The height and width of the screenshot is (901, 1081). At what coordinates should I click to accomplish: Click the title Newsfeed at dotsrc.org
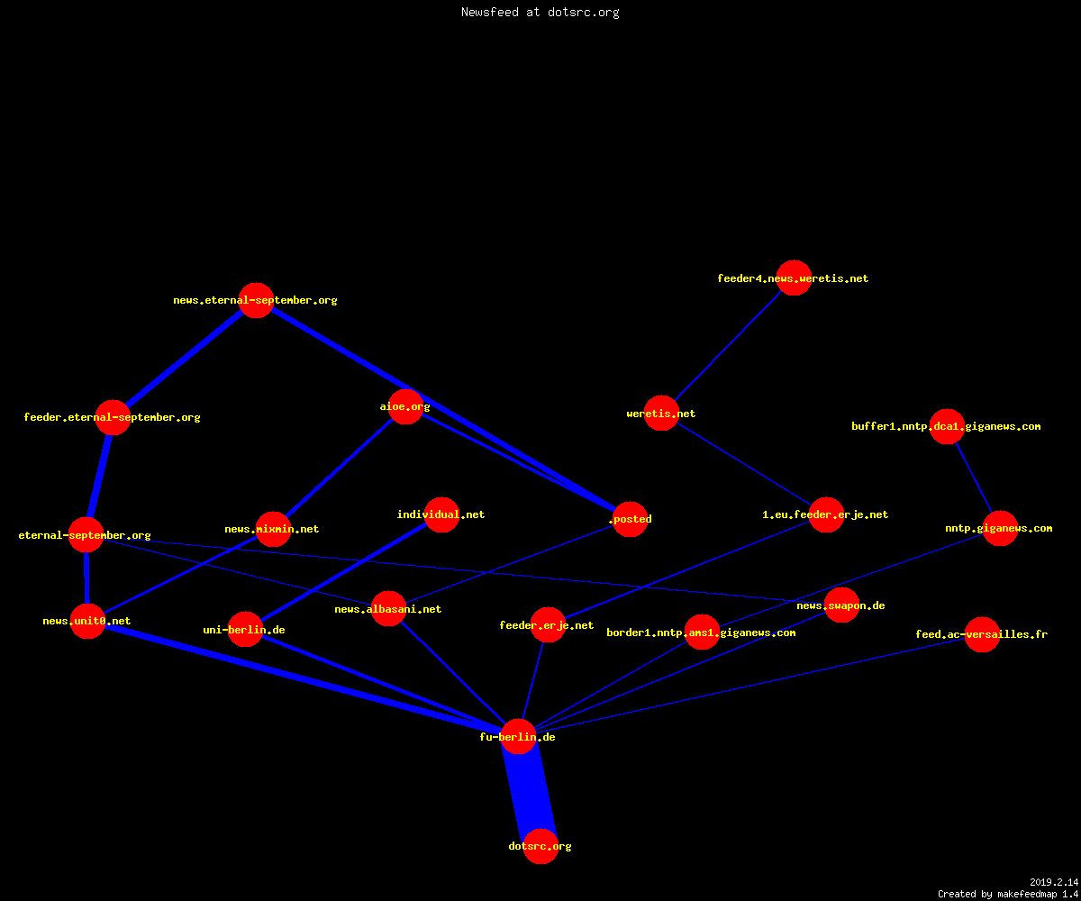tap(540, 12)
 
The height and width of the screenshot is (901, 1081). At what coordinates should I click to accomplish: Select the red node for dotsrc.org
tap(540, 846)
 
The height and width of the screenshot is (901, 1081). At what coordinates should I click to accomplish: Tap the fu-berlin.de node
tap(518, 736)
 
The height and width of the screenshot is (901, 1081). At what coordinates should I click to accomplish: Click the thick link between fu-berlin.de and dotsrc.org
tap(529, 791)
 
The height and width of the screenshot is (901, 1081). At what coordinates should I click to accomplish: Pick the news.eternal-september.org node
tap(256, 300)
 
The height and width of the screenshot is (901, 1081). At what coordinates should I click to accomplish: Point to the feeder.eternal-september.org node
tap(113, 417)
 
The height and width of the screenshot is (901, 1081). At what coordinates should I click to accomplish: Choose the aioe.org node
tap(405, 406)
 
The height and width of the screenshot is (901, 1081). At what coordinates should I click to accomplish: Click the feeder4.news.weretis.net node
tap(794, 278)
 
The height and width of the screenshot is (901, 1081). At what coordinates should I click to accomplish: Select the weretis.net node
tap(661, 414)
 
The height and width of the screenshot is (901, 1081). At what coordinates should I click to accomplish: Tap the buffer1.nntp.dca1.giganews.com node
tap(947, 426)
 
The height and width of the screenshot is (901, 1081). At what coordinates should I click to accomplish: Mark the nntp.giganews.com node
tap(1000, 528)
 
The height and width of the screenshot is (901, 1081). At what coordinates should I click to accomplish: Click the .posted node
tap(630, 519)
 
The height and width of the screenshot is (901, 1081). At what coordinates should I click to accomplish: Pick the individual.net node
tap(441, 514)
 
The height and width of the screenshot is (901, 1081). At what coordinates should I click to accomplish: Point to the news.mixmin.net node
tap(273, 529)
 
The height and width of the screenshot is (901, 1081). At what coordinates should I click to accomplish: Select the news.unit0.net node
tap(87, 621)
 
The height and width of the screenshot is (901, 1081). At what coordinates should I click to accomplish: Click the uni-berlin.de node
tap(245, 630)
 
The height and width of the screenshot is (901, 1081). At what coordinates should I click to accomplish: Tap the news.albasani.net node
tap(388, 609)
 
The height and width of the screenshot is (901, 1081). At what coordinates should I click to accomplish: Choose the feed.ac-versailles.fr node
tap(982, 634)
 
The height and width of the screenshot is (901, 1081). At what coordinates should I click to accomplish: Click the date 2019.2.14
tap(1054, 882)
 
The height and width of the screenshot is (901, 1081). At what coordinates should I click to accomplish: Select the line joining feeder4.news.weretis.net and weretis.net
tap(727, 346)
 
